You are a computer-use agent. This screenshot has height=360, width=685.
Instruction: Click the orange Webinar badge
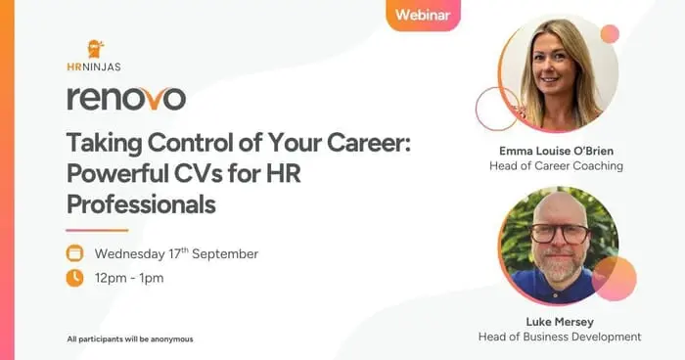[x=423, y=15]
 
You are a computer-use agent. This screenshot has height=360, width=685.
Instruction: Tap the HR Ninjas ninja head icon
[x=95, y=49]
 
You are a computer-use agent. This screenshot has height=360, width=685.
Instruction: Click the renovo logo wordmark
[x=125, y=98]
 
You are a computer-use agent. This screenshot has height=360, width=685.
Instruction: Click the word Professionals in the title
[x=141, y=205]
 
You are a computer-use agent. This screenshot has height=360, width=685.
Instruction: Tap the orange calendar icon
[x=75, y=253]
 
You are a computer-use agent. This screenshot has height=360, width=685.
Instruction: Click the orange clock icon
[x=75, y=278]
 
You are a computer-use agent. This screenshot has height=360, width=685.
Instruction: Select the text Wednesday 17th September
[x=176, y=253]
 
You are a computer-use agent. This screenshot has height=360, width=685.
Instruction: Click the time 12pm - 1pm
[x=129, y=278]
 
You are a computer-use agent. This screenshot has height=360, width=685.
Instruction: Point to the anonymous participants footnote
[x=130, y=338]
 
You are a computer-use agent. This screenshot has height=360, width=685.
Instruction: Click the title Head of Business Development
[x=559, y=337]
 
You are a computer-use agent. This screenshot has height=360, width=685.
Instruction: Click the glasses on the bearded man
[x=559, y=234]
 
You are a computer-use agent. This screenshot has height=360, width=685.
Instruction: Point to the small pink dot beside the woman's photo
[x=610, y=34]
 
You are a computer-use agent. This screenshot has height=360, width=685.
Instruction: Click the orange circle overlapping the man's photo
[x=615, y=278]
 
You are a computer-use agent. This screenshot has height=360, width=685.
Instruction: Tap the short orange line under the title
[x=97, y=230]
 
